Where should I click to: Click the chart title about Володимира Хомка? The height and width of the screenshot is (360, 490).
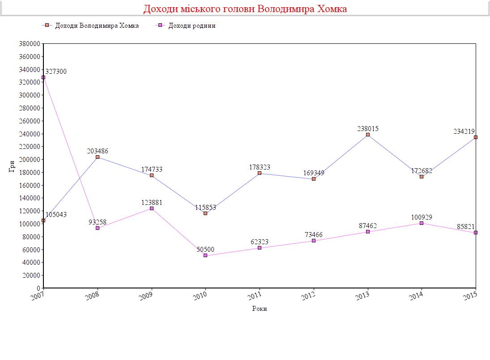coord(245,9)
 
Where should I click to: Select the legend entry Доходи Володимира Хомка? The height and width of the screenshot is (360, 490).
coord(97,25)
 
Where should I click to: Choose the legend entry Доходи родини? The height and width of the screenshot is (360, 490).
coord(192,25)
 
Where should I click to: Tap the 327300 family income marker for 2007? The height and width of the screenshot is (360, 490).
coord(43,77)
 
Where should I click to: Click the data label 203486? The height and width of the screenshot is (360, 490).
coord(98,151)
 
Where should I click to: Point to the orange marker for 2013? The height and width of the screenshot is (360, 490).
coord(368,135)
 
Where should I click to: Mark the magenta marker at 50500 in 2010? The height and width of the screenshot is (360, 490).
coord(205,255)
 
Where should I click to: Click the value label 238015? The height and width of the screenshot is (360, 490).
coord(368,128)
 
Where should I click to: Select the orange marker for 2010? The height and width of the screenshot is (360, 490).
coord(205,213)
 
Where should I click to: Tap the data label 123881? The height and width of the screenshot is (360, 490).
coord(152,203)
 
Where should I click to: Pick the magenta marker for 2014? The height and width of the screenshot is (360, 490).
coord(422,223)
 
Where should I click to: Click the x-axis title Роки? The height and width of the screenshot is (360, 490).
coord(260,309)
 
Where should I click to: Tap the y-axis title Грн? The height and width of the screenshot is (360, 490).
coord(12,166)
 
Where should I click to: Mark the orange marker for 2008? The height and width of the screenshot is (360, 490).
coord(98,157)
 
